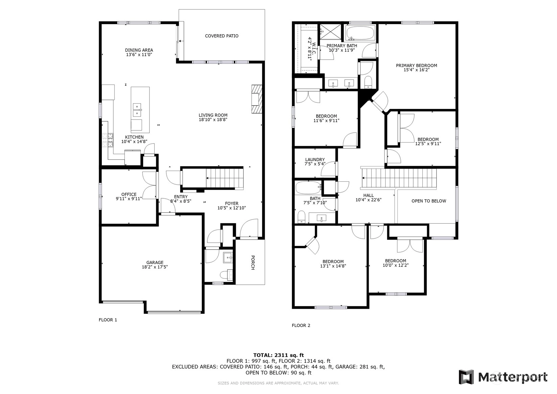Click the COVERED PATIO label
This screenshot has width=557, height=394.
[222, 36]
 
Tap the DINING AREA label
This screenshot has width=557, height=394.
[139, 50]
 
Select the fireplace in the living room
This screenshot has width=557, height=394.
[257, 99]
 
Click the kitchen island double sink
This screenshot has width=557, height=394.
[137, 110]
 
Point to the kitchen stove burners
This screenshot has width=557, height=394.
[108, 140]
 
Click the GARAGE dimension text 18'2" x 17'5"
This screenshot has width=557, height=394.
[155, 267]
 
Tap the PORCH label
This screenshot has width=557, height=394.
[253, 262]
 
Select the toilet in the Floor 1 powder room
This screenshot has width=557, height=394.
[226, 275]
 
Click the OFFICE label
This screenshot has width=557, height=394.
[129, 194]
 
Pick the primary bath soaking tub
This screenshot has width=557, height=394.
[360, 33]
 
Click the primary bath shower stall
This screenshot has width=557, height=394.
[330, 31]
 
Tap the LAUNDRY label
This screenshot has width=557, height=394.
[315, 159]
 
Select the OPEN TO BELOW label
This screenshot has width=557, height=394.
[429, 201]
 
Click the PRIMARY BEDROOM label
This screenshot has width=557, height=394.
[416, 65]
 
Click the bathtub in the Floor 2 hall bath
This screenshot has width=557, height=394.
[308, 188]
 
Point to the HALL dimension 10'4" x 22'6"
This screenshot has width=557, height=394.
[368, 200]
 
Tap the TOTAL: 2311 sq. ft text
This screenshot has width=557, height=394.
[279, 355]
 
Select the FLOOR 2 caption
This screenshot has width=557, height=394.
[301, 325]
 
